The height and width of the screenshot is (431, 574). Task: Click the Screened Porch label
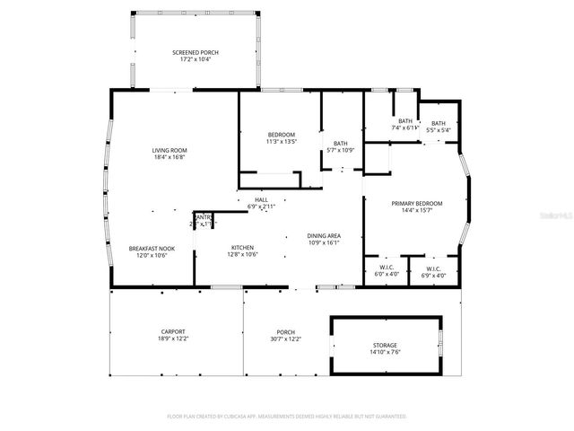(195, 53)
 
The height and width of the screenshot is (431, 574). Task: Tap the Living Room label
(169, 150)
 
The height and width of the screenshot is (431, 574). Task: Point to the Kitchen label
(242, 248)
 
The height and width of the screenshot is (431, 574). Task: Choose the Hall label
(261, 199)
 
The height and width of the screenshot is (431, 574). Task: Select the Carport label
(173, 331)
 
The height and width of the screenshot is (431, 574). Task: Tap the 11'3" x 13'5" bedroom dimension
(281, 141)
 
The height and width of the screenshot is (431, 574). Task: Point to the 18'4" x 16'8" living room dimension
(169, 157)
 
